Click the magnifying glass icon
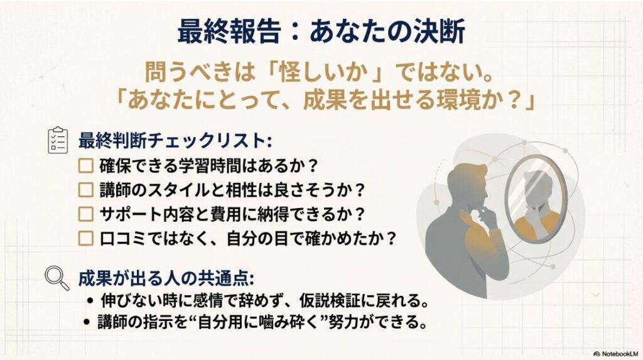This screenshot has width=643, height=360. click(x=58, y=278)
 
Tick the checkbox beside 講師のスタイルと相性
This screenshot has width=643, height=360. click(x=85, y=190)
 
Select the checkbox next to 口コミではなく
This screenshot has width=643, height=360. click(x=85, y=237)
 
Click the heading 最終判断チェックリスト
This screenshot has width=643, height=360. click(x=175, y=139)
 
